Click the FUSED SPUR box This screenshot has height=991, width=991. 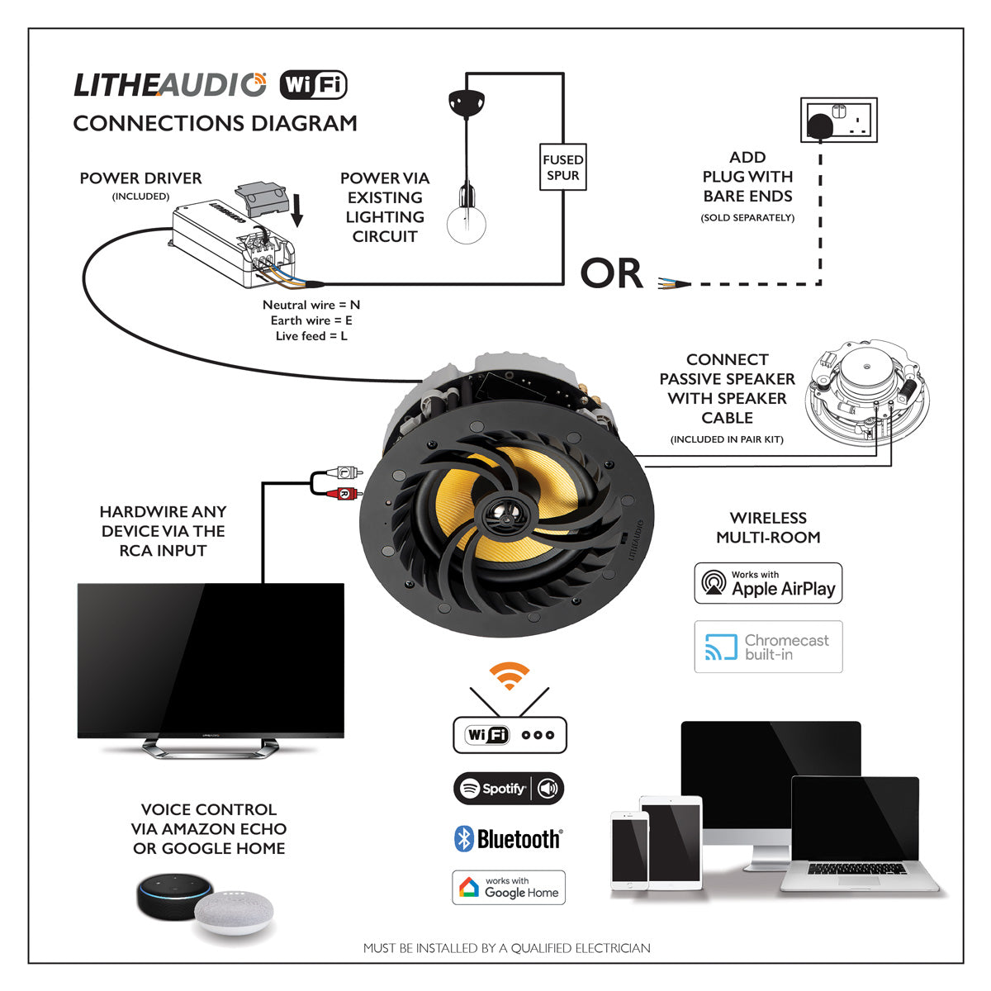(x=563, y=167)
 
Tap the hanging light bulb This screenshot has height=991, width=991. (x=467, y=219)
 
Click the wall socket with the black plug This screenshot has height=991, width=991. (x=838, y=121)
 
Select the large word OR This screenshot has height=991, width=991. (x=611, y=274)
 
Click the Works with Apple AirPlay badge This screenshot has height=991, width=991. (x=768, y=583)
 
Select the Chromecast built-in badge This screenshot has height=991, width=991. (x=768, y=647)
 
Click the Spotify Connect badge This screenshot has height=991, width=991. (x=509, y=789)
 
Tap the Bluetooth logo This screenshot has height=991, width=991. (x=509, y=839)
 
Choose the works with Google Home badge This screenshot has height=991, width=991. (x=509, y=888)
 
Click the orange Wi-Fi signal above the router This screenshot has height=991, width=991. (x=510, y=675)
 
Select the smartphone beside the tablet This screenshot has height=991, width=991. (x=628, y=851)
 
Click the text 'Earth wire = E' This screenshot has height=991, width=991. (x=311, y=320)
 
